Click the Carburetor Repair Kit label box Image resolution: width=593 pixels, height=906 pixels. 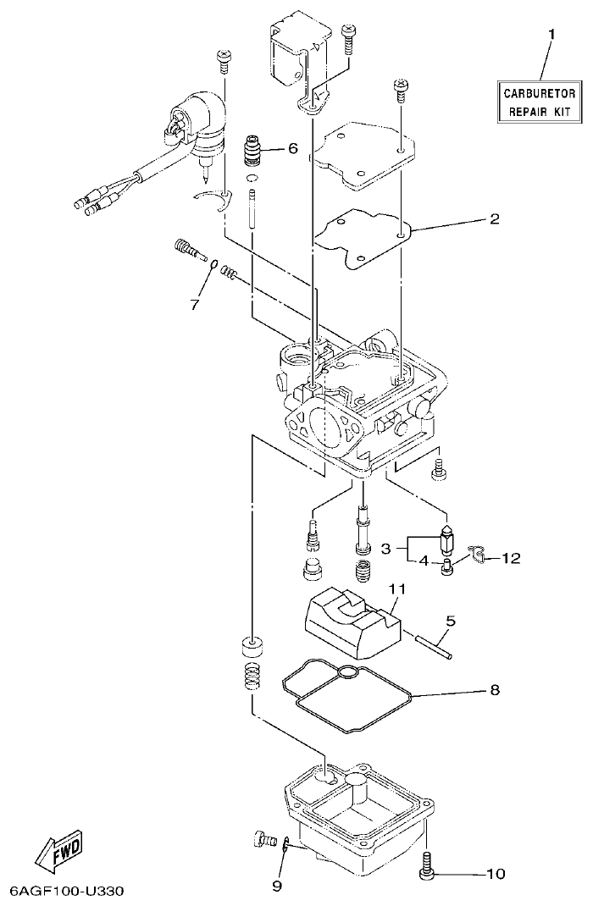pyautogui.click(x=540, y=102)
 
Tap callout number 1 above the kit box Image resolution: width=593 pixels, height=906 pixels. pyautogui.click(x=551, y=35)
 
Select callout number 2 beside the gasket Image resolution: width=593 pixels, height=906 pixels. pyautogui.click(x=494, y=218)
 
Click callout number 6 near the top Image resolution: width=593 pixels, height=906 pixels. pyautogui.click(x=292, y=148)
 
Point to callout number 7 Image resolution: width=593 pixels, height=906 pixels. pyautogui.click(x=194, y=302)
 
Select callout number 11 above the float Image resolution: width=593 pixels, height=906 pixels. pyautogui.click(x=397, y=588)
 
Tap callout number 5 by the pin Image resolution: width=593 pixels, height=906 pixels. pyautogui.click(x=451, y=621)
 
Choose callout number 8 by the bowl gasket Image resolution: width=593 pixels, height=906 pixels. pyautogui.click(x=494, y=690)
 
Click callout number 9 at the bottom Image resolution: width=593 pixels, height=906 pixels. pyautogui.click(x=275, y=886)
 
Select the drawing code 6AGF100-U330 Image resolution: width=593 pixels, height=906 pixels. pyautogui.click(x=67, y=892)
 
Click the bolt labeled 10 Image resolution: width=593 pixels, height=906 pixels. pyautogui.click(x=428, y=866)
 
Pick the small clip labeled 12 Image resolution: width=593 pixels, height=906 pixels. pyautogui.click(x=479, y=554)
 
